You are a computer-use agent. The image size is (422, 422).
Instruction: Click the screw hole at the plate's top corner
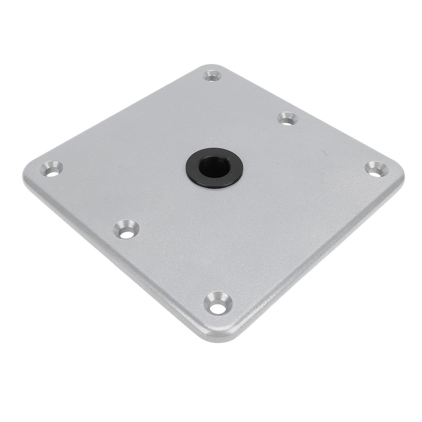point(213,76)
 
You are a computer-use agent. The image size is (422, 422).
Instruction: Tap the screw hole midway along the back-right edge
point(287,120)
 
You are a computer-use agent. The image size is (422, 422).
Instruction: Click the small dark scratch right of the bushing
point(326,153)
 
